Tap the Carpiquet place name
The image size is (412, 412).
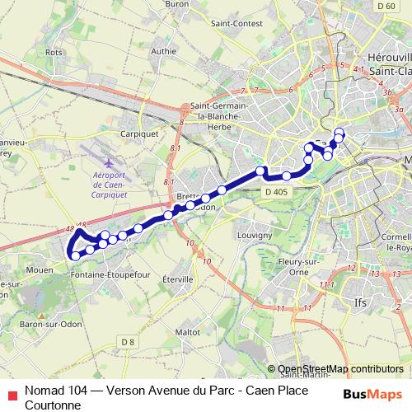139,131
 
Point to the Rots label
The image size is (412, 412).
54,52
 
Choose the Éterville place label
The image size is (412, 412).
178,279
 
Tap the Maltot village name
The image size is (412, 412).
188,331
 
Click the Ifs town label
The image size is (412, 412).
359,303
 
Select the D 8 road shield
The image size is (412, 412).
126,341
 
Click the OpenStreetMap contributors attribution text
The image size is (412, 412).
340,369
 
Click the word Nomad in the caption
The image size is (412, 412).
43,389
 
